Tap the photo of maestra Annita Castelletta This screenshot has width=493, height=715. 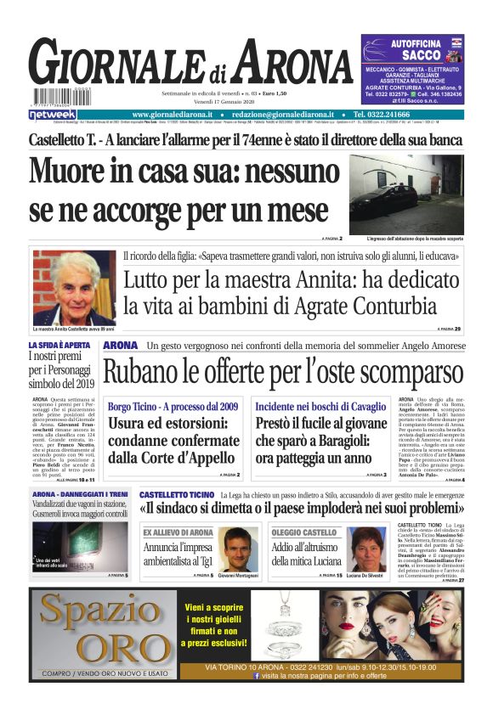[x=74, y=288]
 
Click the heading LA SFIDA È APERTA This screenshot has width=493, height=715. [x=59, y=346]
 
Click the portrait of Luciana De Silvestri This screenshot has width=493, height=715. [x=368, y=550]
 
